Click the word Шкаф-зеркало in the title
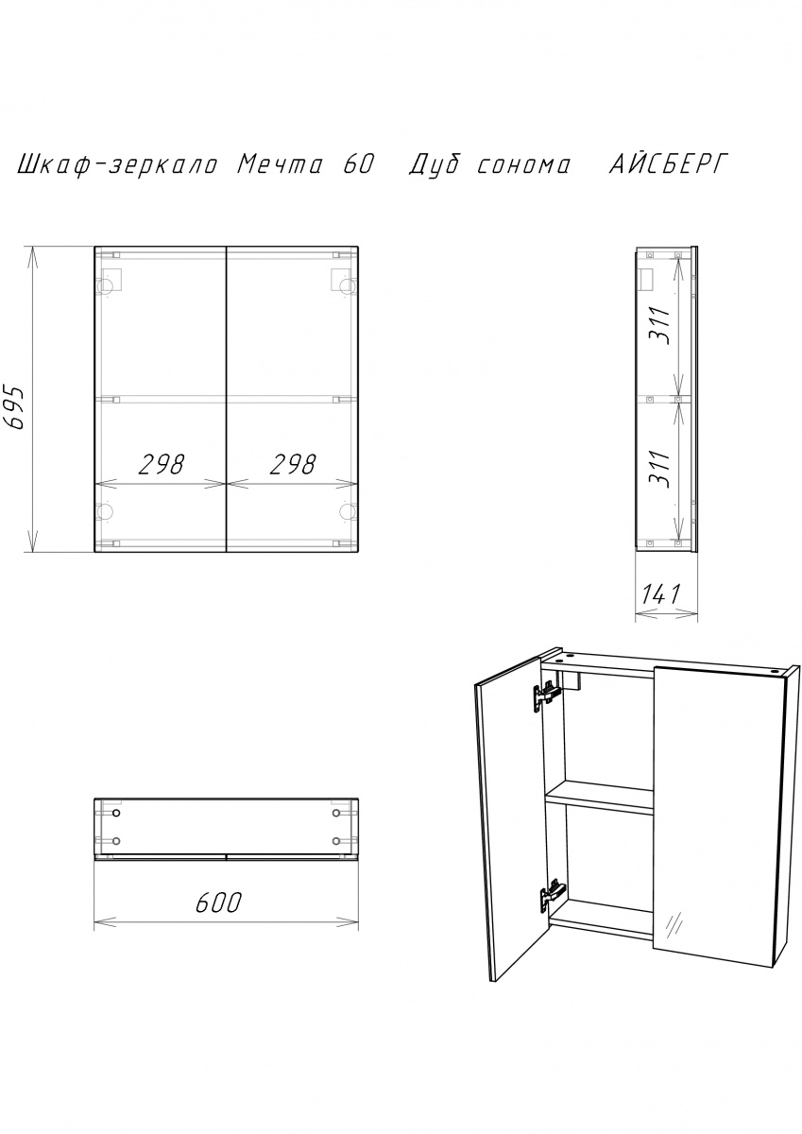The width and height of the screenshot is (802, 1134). pyautogui.click(x=118, y=166)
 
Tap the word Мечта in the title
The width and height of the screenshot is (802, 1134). pyautogui.click(x=280, y=165)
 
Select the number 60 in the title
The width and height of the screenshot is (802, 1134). pyautogui.click(x=359, y=165)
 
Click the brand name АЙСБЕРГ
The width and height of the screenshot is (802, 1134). pyautogui.click(x=669, y=165)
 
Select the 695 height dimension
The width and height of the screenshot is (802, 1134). pyautogui.click(x=16, y=408)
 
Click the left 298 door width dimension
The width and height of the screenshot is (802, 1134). pyautogui.click(x=162, y=464)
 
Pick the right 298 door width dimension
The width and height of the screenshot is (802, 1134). pyautogui.click(x=293, y=464)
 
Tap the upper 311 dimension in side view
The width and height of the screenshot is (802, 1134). pyautogui.click(x=659, y=325)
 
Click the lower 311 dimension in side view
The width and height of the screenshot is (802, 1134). pyautogui.click(x=659, y=469)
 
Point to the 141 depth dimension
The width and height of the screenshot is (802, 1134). pyautogui.click(x=662, y=593)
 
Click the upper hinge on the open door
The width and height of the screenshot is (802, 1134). pyautogui.click(x=546, y=696)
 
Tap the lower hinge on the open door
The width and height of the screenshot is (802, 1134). pyautogui.click(x=553, y=896)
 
